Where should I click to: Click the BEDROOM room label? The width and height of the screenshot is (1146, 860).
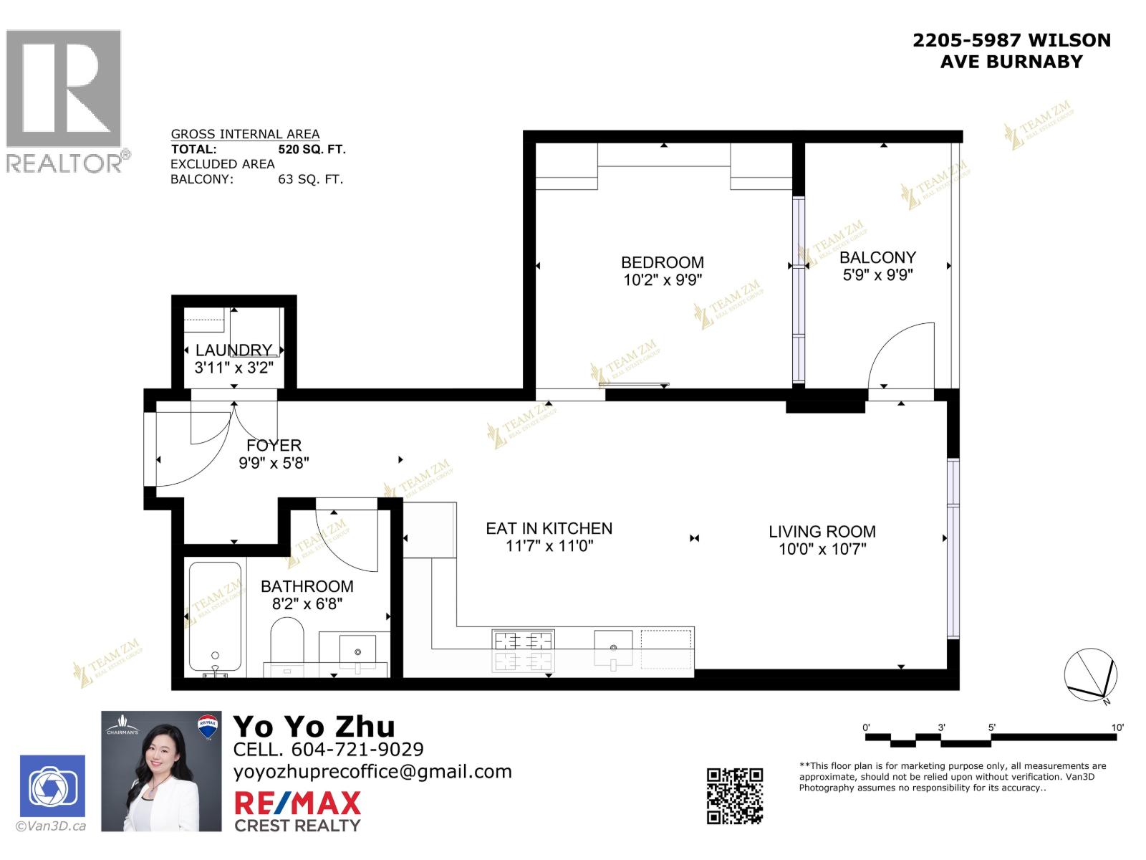pos(662,262)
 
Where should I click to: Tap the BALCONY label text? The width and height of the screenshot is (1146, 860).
pos(877,257)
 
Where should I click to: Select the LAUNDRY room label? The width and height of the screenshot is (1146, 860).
pos(233,350)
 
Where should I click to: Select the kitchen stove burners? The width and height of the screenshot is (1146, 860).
pos(523,650)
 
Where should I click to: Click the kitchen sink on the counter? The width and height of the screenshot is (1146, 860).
pos(613,649)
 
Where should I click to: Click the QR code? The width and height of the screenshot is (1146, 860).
pos(735,795)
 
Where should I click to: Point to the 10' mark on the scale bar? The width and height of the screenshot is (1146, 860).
pos(1117,727)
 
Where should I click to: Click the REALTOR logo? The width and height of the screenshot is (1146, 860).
pos(66,100)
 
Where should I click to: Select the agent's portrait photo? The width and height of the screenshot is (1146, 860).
pos(161,771)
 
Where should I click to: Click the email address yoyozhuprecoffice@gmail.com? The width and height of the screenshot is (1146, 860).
pos(372,772)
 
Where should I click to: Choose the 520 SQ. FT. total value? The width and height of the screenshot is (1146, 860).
pos(312,149)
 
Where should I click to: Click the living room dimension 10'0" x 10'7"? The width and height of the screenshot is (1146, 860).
pos(822,550)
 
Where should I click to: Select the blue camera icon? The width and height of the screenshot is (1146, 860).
pos(52,786)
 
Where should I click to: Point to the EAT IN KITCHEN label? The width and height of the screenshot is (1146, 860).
pos(549,529)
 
